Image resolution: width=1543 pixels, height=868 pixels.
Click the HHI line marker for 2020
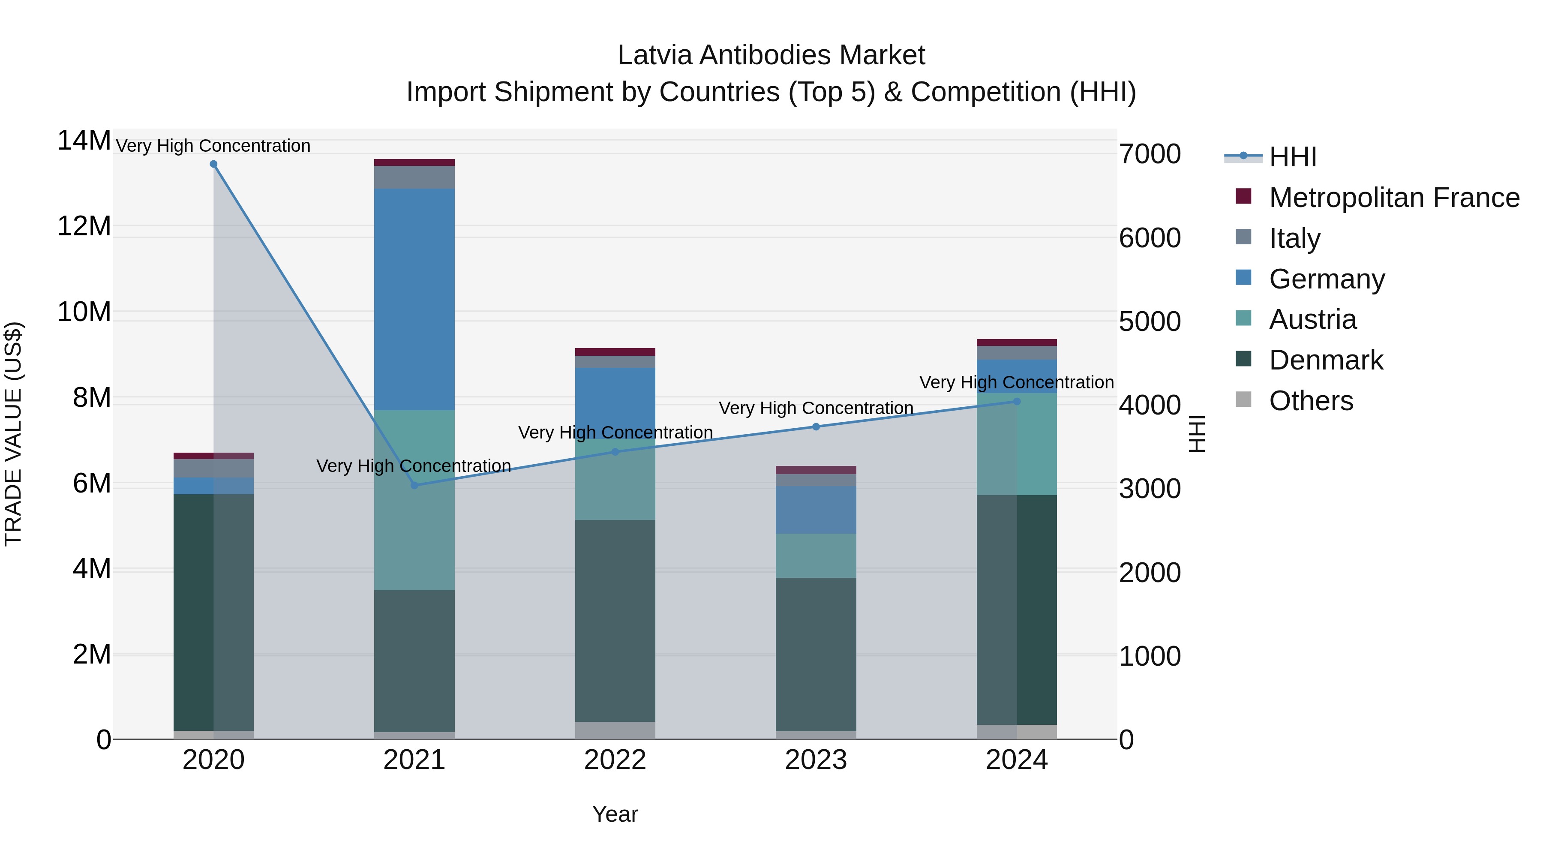tap(213, 164)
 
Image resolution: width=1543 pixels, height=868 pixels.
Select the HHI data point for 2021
tap(414, 485)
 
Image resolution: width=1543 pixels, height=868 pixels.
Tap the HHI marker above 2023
tap(816, 426)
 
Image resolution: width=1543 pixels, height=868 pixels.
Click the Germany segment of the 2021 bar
tap(414, 300)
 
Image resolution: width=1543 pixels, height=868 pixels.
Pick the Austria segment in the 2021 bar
tap(414, 500)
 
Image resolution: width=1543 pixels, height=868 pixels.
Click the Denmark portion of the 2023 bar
tap(816, 654)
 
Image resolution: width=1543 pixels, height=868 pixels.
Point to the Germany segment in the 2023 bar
tap(816, 510)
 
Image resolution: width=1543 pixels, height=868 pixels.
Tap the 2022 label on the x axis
tap(615, 760)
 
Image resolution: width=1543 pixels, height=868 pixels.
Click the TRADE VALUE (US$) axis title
tap(13, 434)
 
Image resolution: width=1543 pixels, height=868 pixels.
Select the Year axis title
tap(615, 814)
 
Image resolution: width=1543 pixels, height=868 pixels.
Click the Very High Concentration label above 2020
tap(213, 146)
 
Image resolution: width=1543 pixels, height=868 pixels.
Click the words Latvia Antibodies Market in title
tap(771, 55)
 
